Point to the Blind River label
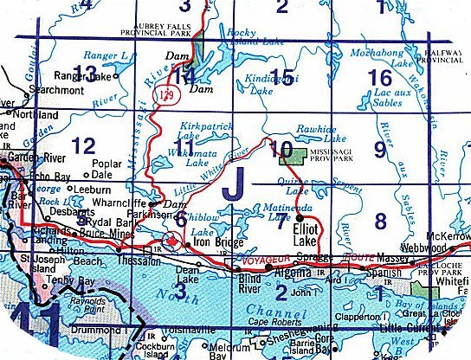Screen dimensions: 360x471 pyautogui.click(x=251, y=285)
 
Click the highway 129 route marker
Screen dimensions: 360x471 pyautogui.click(x=177, y=98)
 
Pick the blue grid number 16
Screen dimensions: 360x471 pyautogui.click(x=379, y=79)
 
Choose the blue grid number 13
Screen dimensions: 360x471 pyautogui.click(x=85, y=72)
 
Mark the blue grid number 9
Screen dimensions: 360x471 pyautogui.click(x=378, y=148)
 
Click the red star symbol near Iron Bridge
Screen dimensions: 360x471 pyautogui.click(x=171, y=241)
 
